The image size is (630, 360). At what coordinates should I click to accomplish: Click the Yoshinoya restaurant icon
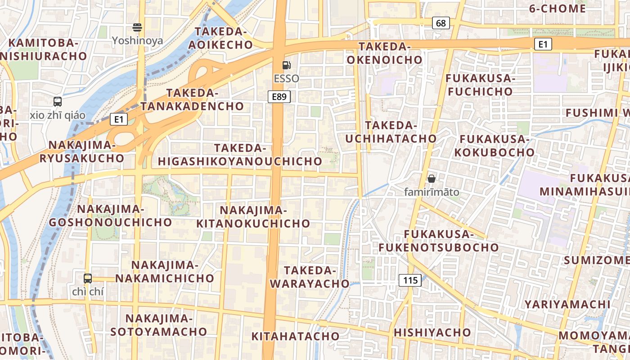pos(137,27)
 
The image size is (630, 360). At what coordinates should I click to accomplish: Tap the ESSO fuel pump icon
pos(286,65)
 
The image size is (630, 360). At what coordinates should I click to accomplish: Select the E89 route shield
pos(279,96)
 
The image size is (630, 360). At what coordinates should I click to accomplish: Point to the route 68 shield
pos(441,23)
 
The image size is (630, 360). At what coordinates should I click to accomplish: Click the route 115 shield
pos(410,280)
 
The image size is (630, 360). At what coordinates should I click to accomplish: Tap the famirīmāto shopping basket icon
pos(432,179)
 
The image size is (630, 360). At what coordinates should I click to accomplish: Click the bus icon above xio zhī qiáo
pos(58,102)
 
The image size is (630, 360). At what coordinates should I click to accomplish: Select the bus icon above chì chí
pos(88,278)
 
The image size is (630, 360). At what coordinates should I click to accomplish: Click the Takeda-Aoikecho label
pos(220,38)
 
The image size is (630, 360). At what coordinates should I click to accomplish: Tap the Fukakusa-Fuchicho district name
pos(479,85)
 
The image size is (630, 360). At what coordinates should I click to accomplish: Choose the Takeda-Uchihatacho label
pos(391,132)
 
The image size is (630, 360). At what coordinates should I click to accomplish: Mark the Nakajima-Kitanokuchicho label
pos(253,216)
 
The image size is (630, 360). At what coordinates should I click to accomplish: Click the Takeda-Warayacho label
pos(310,277)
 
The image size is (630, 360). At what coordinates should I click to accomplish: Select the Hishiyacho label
pos(432,333)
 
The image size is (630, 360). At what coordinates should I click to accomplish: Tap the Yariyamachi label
pos(567,304)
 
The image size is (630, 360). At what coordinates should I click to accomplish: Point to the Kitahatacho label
pos(295,336)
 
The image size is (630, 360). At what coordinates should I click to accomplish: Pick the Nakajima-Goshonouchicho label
pos(110,216)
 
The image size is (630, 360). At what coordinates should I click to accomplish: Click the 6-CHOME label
pos(557,9)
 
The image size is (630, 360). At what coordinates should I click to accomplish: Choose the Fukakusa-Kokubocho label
pos(494,145)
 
